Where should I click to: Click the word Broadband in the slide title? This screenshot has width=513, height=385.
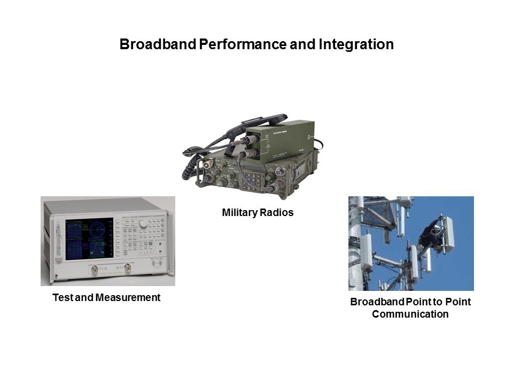coord(158,44)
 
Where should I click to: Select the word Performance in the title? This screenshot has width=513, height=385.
coord(243,44)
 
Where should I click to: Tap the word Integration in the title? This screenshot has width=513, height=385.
coord(356,44)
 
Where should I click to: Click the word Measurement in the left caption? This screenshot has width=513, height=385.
coord(128,298)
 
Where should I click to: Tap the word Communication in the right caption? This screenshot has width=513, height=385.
coord(410,314)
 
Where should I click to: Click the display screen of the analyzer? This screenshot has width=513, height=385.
coord(89,238)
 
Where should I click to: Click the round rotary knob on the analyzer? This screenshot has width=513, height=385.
coord(143,223)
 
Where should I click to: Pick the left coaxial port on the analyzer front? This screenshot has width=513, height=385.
coord(95,269)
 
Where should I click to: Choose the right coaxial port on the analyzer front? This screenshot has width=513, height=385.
coord(128,267)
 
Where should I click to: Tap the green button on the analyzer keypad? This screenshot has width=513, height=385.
coord(150,243)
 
